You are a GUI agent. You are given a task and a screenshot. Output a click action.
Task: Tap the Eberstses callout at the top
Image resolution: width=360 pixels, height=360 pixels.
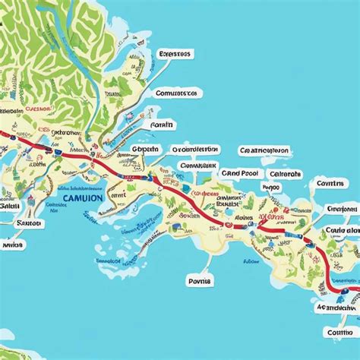(x=175, y=54)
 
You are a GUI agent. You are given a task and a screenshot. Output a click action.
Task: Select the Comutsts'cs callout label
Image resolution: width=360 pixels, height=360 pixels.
(x=176, y=92)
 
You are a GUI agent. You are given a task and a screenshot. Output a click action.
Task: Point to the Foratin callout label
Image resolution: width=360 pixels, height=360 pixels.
(x=162, y=125)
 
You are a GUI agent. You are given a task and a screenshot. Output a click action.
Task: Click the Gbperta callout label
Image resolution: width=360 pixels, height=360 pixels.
(x=145, y=150)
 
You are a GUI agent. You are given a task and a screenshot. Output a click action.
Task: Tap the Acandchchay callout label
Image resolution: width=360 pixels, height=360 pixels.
(x=336, y=308)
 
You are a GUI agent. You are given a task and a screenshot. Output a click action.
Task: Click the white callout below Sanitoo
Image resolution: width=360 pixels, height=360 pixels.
(x=12, y=245)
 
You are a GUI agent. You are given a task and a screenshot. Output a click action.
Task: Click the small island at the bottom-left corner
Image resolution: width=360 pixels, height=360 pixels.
(x=6, y=334)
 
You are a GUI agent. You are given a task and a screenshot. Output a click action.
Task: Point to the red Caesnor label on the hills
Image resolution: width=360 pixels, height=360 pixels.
(x=38, y=108)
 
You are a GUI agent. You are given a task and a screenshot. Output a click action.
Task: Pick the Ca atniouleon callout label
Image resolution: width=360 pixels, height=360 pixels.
(x=264, y=150)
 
